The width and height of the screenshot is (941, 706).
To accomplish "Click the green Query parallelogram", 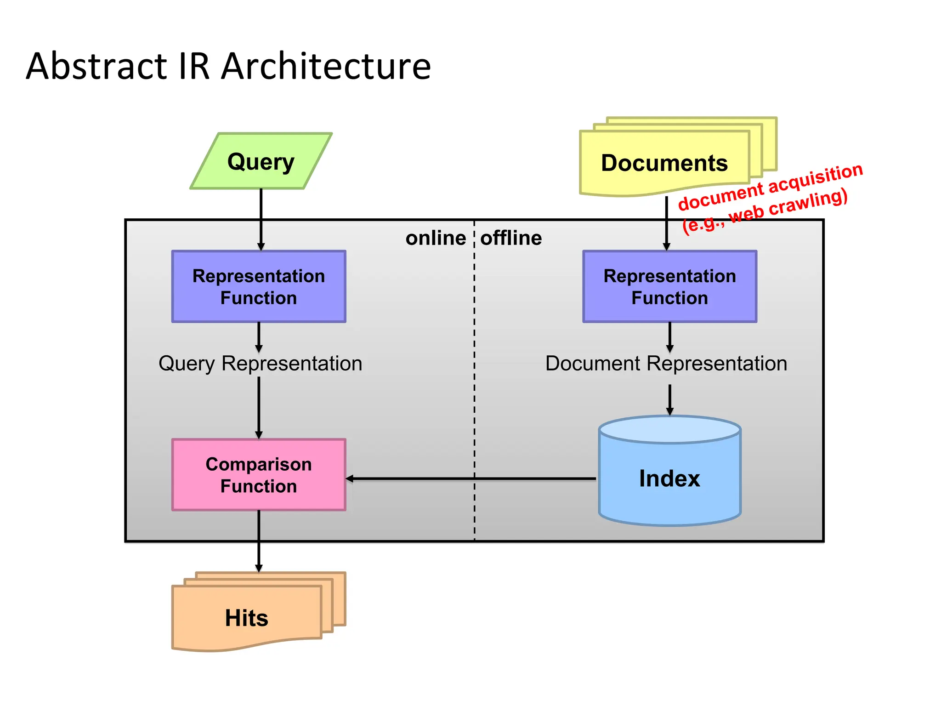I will pyautogui.click(x=261, y=161).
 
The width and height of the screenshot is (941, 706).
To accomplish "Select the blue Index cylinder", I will pyautogui.click(x=669, y=478).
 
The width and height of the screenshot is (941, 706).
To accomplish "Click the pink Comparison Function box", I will pyautogui.click(x=259, y=475).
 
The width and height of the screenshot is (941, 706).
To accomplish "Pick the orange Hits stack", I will pyautogui.click(x=247, y=617).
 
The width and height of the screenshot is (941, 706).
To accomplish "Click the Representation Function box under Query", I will pyautogui.click(x=259, y=286).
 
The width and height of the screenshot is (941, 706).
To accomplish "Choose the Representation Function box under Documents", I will pyautogui.click(x=669, y=286).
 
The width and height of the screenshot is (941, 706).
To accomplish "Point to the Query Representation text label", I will pyautogui.click(x=260, y=364).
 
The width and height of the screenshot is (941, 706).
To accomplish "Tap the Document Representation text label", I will pyautogui.click(x=666, y=364).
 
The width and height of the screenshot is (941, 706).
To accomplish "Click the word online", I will pyautogui.click(x=435, y=238).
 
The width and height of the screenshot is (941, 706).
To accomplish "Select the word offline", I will pyautogui.click(x=511, y=238).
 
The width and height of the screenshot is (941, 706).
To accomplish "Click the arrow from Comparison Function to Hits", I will pyautogui.click(x=259, y=542).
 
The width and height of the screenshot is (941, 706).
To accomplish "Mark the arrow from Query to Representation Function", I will pyautogui.click(x=261, y=218).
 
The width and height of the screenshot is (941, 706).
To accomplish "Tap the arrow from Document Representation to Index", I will pyautogui.click(x=669, y=399).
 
